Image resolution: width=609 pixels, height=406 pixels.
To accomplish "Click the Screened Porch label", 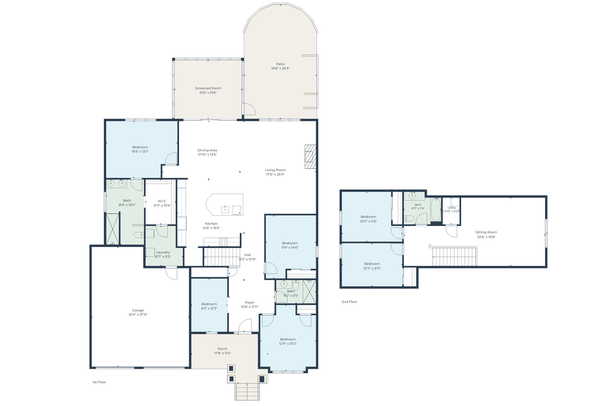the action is (x=208, y=88).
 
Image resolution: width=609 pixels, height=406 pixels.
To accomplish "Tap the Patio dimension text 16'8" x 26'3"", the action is (x=280, y=68).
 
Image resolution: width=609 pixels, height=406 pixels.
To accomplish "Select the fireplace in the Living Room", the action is (x=310, y=157).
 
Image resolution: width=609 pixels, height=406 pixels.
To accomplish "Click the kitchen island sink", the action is (x=225, y=209).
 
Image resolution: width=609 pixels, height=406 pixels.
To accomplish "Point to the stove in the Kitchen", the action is (x=223, y=242).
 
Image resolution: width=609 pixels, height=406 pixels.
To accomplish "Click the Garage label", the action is (x=138, y=310).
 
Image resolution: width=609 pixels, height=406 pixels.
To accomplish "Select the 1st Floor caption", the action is (x=99, y=382).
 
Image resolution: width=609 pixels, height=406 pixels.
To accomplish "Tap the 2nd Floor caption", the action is (x=349, y=302).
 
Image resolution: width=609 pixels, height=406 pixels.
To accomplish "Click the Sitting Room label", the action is (x=486, y=232).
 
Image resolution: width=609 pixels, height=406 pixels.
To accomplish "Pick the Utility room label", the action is (x=452, y=208).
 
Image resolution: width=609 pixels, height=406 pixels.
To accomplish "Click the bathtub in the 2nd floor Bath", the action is (x=435, y=209).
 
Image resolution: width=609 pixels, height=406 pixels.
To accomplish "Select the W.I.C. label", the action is (x=162, y=201).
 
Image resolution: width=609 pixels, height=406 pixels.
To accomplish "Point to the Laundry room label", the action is (x=163, y=252).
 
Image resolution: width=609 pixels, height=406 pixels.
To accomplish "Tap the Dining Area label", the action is (x=207, y=150).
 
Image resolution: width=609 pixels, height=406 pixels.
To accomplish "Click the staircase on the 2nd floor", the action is (x=454, y=257).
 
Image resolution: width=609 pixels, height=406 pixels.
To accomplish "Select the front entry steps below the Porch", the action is (x=247, y=391).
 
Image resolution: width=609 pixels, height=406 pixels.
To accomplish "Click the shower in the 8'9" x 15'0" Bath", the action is (x=113, y=229).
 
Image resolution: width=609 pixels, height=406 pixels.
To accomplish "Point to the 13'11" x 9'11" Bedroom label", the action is (x=372, y=264).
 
